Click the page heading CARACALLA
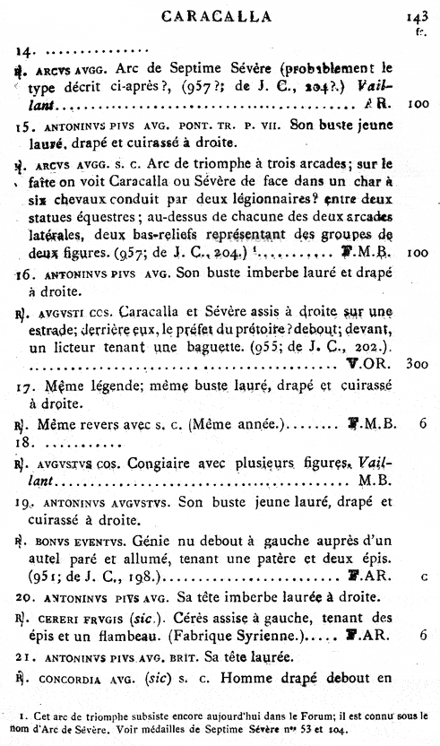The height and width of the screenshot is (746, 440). [224, 16]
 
